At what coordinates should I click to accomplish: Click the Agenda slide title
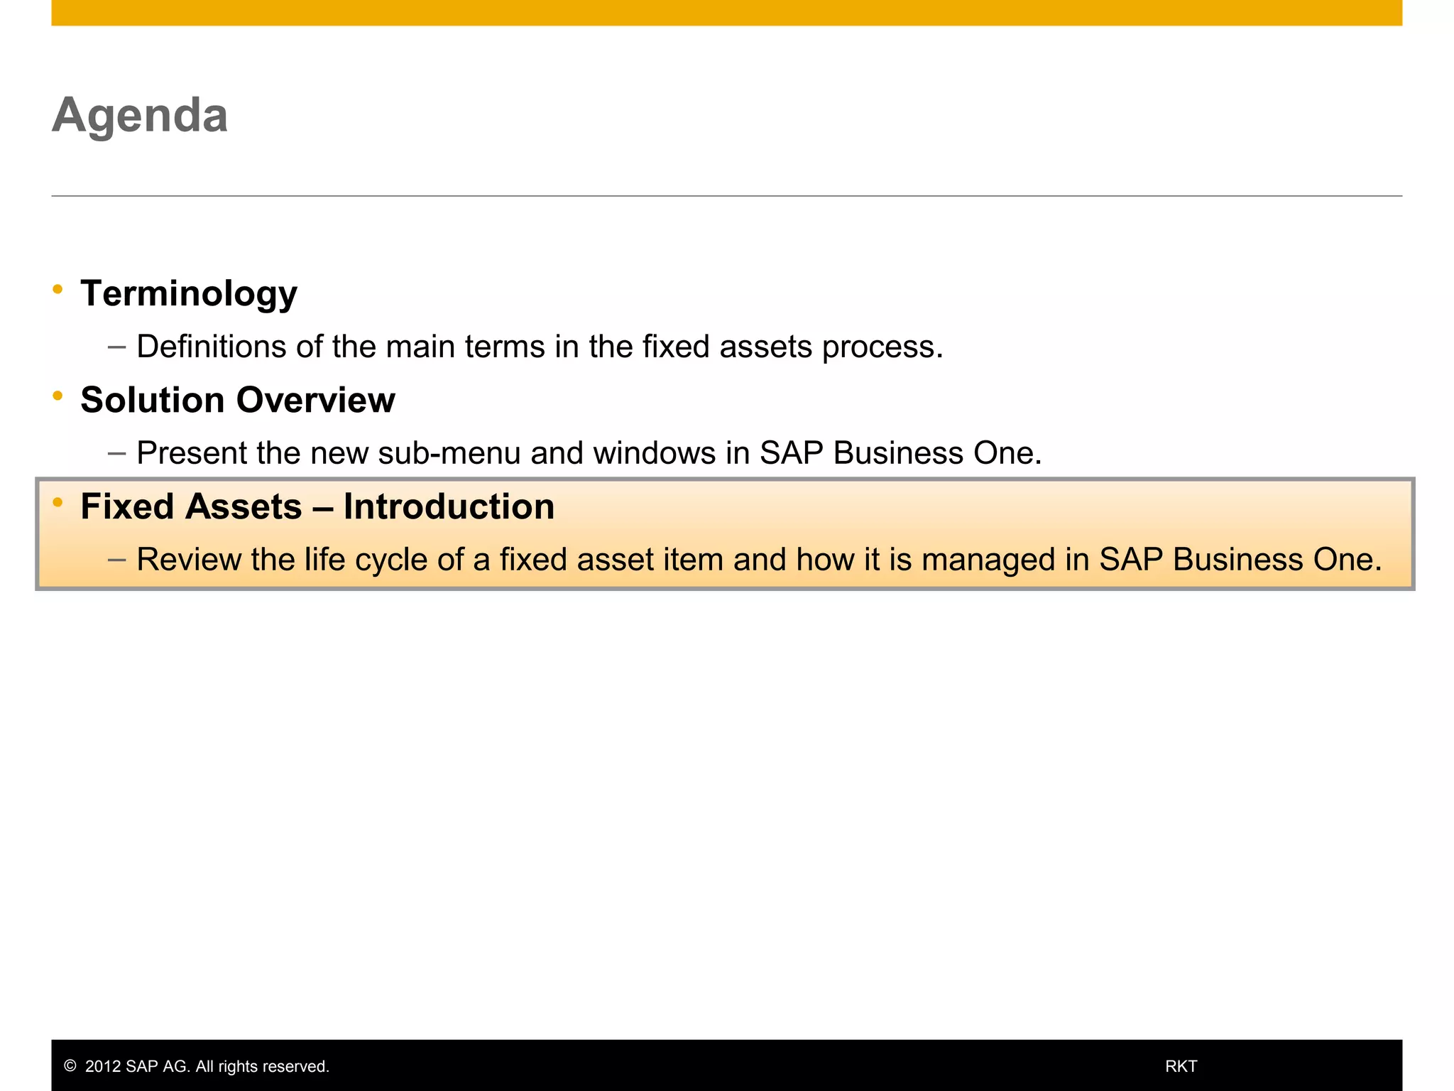click(x=140, y=115)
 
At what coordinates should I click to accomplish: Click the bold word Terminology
click(x=189, y=293)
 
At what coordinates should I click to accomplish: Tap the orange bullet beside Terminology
click(x=58, y=289)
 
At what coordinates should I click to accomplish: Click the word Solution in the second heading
click(x=153, y=400)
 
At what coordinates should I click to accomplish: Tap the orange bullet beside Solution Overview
click(x=58, y=396)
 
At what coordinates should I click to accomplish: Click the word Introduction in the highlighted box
click(x=449, y=506)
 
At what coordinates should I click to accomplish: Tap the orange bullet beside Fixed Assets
click(x=58, y=502)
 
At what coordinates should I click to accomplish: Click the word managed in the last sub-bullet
click(x=989, y=560)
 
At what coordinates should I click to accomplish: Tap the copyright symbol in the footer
click(x=70, y=1066)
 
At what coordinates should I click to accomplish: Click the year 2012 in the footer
click(x=103, y=1066)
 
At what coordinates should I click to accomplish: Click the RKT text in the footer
click(x=1181, y=1066)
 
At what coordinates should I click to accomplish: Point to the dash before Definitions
click(x=116, y=347)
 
